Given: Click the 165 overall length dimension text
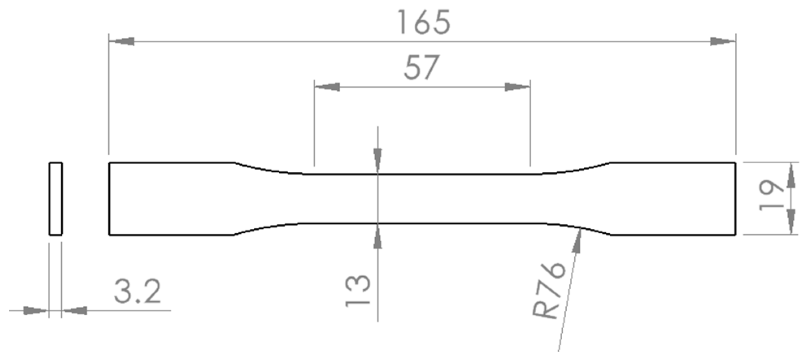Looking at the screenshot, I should point(424,22).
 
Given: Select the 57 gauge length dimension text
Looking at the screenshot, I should point(422,67).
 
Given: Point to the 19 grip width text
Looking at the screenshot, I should point(771,196).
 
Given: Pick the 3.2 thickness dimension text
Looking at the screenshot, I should point(137,291).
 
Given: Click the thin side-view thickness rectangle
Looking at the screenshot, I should point(56,198).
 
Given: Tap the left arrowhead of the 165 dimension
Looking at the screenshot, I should point(122,41).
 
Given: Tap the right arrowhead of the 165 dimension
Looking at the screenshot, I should point(723,41).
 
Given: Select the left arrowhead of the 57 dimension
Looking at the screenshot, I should point(327,87).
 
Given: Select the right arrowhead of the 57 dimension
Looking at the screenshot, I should point(517,87).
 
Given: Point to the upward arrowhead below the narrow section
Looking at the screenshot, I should point(378,237).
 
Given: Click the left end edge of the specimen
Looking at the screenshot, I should point(109,198).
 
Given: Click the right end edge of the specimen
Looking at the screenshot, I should point(735,198).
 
